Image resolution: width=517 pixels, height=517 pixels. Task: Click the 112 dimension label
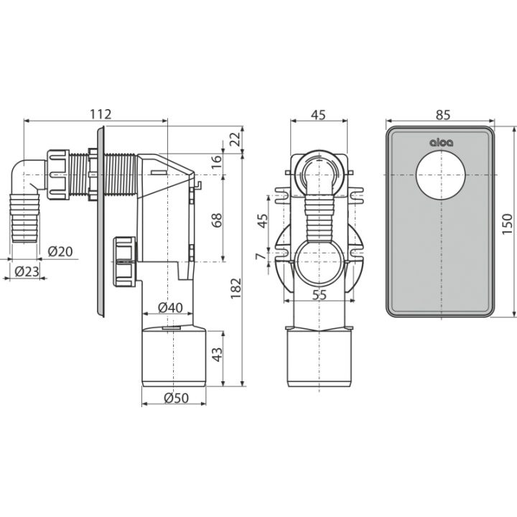click(x=101, y=114)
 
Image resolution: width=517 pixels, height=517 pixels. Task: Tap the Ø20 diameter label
click(x=60, y=251)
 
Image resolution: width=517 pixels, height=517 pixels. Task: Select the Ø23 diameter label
click(x=27, y=271)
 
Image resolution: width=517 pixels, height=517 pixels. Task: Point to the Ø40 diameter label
click(x=170, y=307)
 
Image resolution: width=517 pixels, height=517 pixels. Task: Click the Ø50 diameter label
click(x=177, y=398)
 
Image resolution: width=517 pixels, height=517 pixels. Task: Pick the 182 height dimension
click(x=236, y=289)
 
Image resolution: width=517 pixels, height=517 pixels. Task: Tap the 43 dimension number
click(x=217, y=355)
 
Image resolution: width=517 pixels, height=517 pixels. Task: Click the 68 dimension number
click(x=217, y=220)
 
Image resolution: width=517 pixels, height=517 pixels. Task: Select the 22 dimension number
click(x=235, y=139)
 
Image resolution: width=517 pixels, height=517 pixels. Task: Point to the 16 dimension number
click(x=217, y=162)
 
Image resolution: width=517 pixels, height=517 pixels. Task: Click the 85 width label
click(x=443, y=115)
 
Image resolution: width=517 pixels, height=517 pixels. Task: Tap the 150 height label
click(x=508, y=224)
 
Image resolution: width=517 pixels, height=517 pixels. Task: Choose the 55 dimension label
click(x=319, y=295)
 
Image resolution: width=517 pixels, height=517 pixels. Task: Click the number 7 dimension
click(x=261, y=256)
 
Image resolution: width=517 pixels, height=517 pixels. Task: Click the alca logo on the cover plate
click(x=441, y=142)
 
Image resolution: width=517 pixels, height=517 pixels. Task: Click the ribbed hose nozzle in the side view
click(x=25, y=218)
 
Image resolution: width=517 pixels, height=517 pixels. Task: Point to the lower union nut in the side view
click(x=125, y=262)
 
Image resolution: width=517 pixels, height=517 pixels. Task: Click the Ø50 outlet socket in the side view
click(x=174, y=356)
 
